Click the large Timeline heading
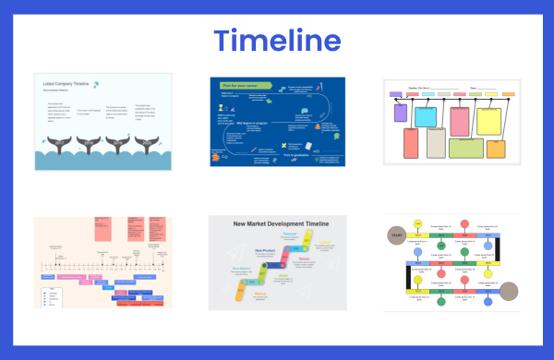coord(277,40)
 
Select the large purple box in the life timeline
coord(399,113)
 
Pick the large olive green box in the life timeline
coord(465,147)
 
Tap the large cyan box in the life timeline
coord(426,117)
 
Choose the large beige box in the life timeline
coord(436,143)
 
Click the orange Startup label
coord(235,294)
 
